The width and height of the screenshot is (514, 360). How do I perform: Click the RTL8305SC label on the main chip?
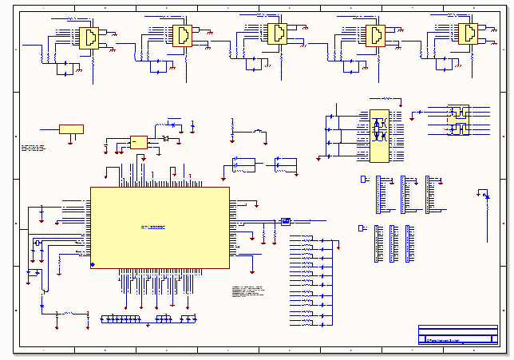click(x=153, y=228)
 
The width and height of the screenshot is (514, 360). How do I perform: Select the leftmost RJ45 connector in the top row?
click(x=88, y=38)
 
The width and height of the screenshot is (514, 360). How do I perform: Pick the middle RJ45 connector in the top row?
click(x=277, y=34)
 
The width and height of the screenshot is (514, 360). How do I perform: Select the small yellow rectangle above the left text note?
click(x=71, y=129)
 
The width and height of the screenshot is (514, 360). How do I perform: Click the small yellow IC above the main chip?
click(x=139, y=142)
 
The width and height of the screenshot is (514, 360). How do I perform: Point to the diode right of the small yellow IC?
click(x=164, y=140)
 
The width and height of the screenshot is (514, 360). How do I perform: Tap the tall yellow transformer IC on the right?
click(x=378, y=136)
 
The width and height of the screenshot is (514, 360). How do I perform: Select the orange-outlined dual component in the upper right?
click(x=458, y=121)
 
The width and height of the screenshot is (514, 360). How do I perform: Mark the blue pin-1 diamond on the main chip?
click(x=93, y=264)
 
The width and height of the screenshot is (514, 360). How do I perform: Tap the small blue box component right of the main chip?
click(x=286, y=222)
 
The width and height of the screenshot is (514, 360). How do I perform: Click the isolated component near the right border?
click(x=483, y=194)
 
